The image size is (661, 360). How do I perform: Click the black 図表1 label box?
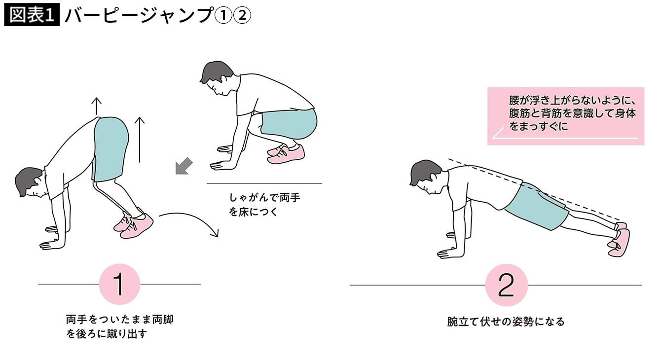32,15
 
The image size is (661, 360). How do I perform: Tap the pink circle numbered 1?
119,284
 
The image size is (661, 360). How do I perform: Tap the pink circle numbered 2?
507,285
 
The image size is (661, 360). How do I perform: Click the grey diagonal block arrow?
184,166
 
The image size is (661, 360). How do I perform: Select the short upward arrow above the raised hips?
97,106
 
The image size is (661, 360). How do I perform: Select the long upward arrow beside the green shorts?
140,140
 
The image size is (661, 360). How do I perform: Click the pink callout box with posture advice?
566,116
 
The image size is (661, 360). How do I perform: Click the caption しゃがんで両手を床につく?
264,205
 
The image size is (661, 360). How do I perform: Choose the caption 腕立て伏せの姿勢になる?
506,322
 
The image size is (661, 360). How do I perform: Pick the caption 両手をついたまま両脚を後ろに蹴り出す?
119,326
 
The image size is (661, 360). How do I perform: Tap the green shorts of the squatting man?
289,123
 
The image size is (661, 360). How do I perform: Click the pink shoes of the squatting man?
286,154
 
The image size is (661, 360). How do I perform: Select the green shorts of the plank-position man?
537,207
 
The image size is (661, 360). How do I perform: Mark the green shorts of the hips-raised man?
110,149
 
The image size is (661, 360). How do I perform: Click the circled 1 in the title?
223,15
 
